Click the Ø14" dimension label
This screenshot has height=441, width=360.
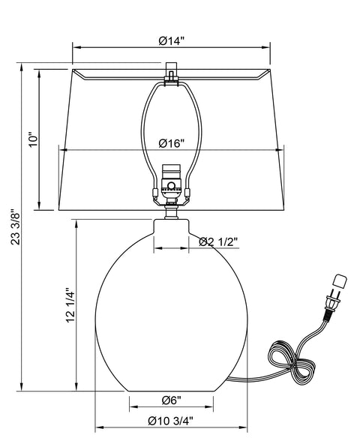pyautogui.click(x=172, y=41)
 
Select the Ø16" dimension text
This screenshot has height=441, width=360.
pyautogui.click(x=172, y=144)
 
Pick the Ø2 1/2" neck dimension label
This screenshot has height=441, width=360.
pyautogui.click(x=218, y=241)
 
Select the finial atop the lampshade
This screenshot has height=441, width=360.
pyautogui.click(x=172, y=75)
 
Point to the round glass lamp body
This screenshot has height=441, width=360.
pyautogui.click(x=171, y=315)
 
